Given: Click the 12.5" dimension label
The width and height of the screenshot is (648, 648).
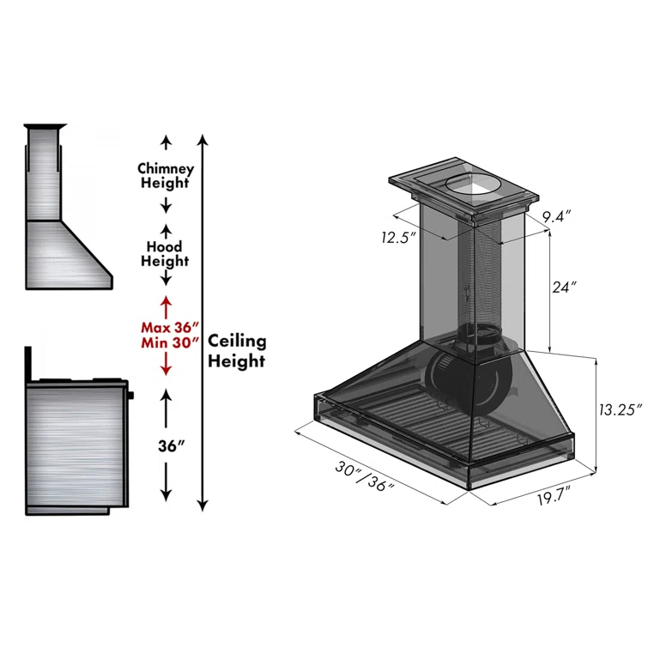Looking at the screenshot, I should coord(400,236).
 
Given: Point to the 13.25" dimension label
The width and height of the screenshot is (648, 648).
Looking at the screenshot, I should coord(620,410).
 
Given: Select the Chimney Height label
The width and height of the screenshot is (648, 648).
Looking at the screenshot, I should coord(166,175).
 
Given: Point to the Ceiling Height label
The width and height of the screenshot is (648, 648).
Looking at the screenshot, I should coord(237,351).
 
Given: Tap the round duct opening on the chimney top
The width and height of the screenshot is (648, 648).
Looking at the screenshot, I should coord(469,183).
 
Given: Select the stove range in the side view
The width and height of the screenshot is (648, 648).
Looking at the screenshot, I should coord(77,446).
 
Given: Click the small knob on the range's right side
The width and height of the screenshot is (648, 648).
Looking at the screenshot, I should coord(132,396).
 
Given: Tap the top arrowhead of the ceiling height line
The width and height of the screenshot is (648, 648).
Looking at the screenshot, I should coord(203,138).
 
